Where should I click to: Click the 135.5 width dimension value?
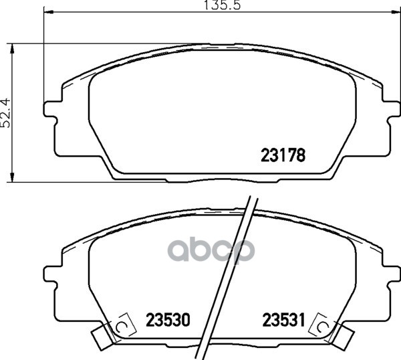(x=222, y=5)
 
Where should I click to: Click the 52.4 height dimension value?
(x=5, y=112)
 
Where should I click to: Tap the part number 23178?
(x=283, y=155)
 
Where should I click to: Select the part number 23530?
(x=168, y=320)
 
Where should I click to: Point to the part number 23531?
(x=284, y=320)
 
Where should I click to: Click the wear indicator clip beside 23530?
(x=122, y=327)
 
